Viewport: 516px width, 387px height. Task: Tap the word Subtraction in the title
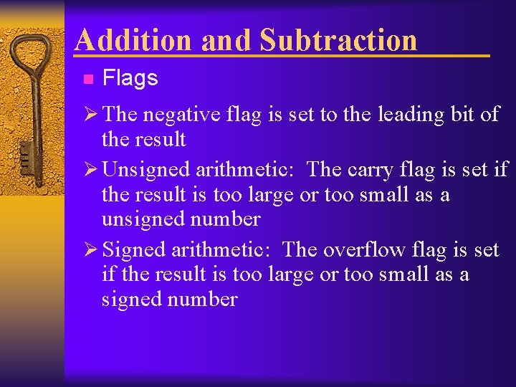[x=338, y=40]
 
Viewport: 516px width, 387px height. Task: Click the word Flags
[x=130, y=78]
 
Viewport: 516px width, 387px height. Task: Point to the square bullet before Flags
[x=87, y=79]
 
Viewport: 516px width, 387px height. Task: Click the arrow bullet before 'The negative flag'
[x=91, y=115]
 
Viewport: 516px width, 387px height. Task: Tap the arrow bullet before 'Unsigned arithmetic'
[x=91, y=170]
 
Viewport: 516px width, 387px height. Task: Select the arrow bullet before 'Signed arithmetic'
[x=91, y=249]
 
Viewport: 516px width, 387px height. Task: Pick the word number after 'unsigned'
[x=224, y=219]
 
